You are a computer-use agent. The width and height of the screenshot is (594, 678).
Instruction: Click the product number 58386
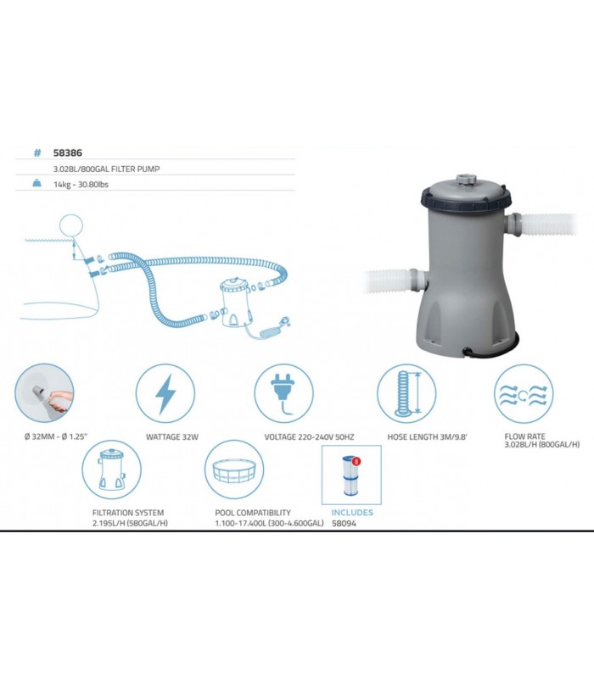(68, 153)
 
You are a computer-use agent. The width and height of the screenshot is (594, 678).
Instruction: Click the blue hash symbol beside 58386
(37, 153)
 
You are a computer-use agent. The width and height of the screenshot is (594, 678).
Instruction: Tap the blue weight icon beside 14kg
(36, 183)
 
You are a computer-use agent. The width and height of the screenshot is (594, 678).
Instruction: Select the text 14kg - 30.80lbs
(81, 185)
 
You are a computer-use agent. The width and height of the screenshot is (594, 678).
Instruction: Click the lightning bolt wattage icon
(165, 394)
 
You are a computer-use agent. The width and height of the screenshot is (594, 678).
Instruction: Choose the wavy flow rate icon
(524, 395)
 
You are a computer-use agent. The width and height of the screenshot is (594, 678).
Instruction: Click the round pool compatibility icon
(234, 470)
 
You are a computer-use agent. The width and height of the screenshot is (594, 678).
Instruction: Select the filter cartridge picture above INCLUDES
(351, 475)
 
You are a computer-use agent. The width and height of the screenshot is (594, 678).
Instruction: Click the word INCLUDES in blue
(352, 513)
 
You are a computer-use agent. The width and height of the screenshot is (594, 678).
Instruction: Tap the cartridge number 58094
(344, 523)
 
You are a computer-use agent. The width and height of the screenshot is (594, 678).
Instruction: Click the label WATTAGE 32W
(172, 437)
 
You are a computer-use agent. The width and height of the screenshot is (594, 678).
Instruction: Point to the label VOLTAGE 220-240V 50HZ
(309, 437)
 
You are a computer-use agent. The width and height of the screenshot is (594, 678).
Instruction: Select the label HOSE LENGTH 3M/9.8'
(428, 437)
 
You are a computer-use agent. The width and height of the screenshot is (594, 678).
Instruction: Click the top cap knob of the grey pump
(466, 180)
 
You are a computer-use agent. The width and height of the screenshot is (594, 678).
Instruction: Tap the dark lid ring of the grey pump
(466, 200)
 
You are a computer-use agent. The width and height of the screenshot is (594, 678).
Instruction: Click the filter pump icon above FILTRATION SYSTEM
(112, 470)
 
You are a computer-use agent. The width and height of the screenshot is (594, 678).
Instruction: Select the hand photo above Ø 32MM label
(44, 393)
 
